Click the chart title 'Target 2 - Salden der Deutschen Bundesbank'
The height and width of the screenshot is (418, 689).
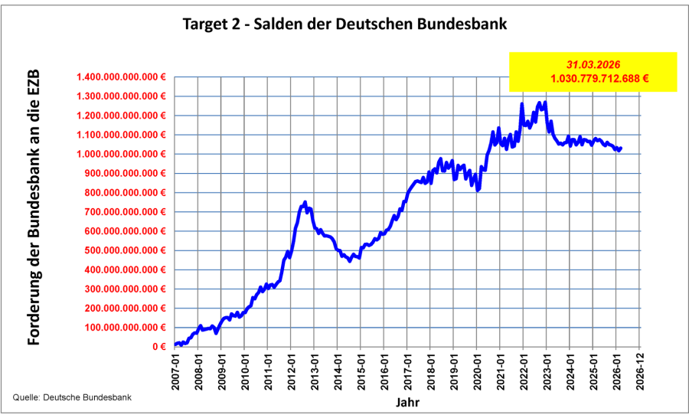click(344, 24)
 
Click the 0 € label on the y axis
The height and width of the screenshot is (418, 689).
click(158, 347)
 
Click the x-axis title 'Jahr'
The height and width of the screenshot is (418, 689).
click(407, 402)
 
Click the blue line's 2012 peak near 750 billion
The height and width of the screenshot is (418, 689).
click(305, 202)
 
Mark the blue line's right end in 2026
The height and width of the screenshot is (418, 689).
click(621, 149)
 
